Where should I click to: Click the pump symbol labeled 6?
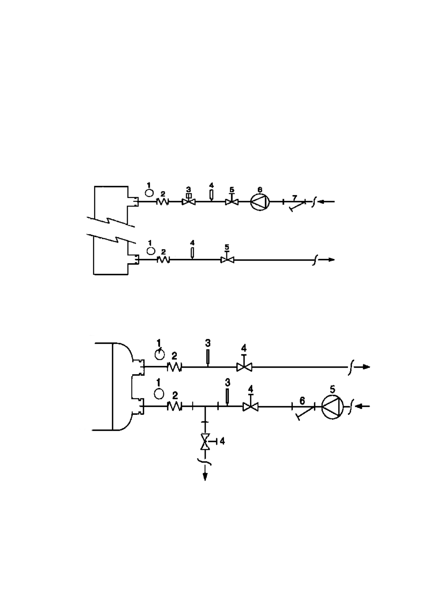coord(260,202)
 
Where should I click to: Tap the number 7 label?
coord(295,197)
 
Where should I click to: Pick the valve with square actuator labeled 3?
coord(188,201)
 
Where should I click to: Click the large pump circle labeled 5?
coord(332,407)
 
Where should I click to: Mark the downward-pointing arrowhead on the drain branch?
coord(205,477)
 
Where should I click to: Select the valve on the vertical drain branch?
coord(205,441)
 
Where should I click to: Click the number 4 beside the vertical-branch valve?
coord(222,441)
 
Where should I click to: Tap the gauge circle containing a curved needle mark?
coord(160,355)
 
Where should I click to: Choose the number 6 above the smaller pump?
coord(260,190)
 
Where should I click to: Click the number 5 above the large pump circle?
coord(332,389)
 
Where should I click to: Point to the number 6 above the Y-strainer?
coord(302,400)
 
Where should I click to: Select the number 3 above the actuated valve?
coord(188,189)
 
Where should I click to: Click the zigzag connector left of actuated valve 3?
coord(162,202)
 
